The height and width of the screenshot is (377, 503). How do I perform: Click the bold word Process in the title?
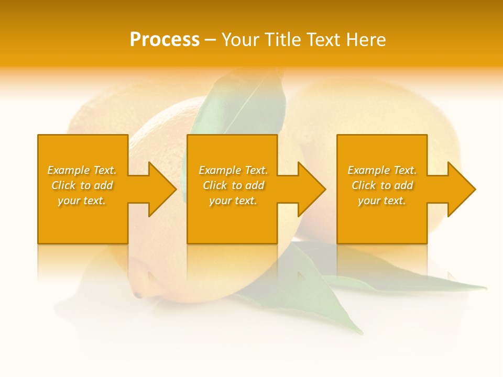pos(165,40)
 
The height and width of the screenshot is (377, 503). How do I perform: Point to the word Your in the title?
pos(239,40)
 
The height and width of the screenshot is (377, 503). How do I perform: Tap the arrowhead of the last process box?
pos(461,189)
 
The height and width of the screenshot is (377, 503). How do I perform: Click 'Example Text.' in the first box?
pos(82,170)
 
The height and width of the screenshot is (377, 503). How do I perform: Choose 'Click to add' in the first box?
pos(82,185)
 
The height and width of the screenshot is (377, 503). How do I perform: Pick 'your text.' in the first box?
pos(82,201)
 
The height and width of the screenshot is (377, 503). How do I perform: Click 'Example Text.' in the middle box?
pos(233,170)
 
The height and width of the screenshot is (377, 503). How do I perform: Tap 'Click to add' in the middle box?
pos(233,185)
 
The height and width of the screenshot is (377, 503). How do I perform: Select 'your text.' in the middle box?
pos(233,201)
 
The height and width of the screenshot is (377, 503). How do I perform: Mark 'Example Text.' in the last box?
pos(382,170)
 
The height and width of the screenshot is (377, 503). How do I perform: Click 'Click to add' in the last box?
pos(382,185)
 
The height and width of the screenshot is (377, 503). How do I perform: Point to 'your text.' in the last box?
pos(382,201)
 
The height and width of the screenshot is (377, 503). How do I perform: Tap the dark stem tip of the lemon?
pos(138,296)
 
